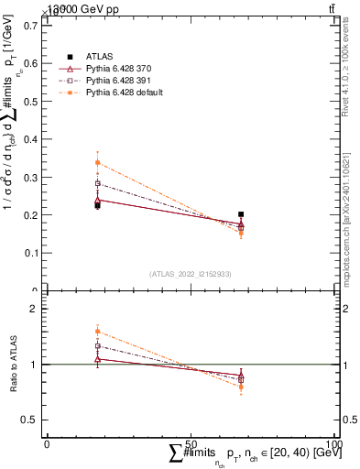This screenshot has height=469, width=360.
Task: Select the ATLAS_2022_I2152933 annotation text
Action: point(191,274)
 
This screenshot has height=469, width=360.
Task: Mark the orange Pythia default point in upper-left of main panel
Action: point(98,163)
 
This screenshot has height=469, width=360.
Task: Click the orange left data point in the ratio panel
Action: point(98,332)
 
